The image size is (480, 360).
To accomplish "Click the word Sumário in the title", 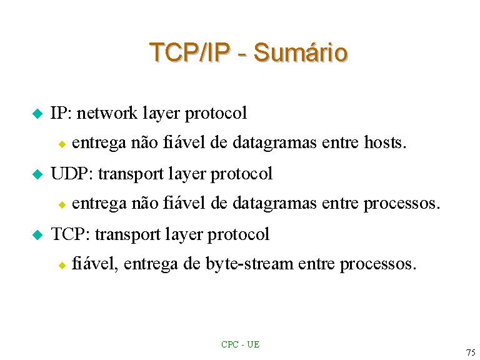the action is (301, 52).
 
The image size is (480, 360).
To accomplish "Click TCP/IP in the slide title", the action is (189, 52).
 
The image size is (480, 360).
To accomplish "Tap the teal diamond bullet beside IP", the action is (37, 114).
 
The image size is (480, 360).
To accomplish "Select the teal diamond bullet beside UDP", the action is (37, 174).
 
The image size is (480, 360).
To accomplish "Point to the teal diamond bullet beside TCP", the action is (37, 235).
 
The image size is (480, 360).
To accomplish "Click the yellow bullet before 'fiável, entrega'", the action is (62, 265).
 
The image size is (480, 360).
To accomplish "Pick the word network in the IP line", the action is (107, 112).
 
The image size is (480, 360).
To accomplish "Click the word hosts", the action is (385, 142).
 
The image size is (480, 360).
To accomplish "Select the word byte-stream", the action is (249, 264).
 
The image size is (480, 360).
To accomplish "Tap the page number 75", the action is (471, 352).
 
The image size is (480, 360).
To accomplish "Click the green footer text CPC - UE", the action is (240, 344).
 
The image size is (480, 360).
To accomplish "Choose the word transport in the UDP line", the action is (131, 174).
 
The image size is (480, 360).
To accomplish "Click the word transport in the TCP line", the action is (127, 235).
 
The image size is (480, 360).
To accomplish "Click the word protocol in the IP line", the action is (216, 113).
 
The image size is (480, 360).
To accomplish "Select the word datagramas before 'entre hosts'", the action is (274, 143).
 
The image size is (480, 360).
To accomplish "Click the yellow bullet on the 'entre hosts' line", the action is (62, 144).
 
